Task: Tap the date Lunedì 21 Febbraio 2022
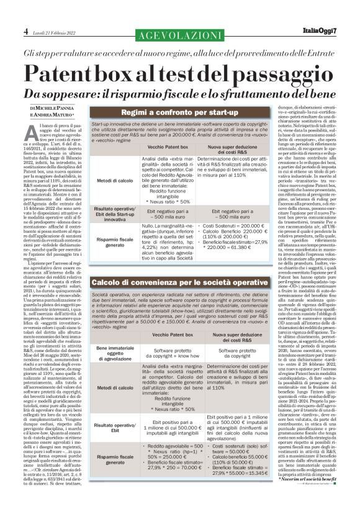click(x=55, y=32)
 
